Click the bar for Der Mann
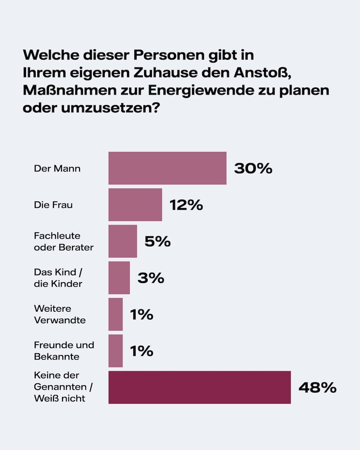coord(167,168)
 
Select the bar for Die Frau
coord(135,205)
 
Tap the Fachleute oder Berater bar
coord(122,241)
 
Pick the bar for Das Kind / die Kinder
coord(119,278)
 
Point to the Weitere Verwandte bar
coord(115,314)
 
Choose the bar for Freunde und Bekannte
coord(115,351)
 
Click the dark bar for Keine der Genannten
coord(199,387)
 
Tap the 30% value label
coord(253,169)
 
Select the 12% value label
coord(186,205)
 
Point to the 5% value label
coord(157,242)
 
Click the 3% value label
coord(150,278)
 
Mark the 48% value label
coord(317,387)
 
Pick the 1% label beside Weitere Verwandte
coord(141,315)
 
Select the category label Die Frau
coord(53,205)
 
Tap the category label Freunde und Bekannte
coord(64,351)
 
